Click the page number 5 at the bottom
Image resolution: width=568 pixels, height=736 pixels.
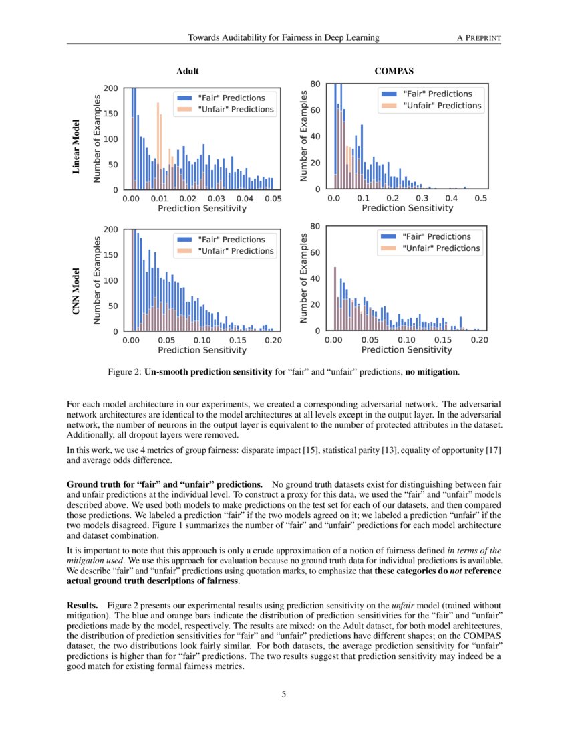284,694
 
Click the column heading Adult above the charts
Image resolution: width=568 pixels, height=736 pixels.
187,71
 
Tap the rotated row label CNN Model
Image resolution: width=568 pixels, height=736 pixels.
76,292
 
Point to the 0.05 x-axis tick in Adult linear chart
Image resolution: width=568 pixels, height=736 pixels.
273,199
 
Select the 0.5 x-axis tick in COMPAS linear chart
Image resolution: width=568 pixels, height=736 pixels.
480,199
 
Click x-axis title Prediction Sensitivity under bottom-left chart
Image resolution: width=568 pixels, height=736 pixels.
202,350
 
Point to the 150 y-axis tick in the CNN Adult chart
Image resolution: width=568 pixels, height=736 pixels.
111,255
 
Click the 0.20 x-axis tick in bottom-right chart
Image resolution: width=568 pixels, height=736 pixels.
479,341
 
